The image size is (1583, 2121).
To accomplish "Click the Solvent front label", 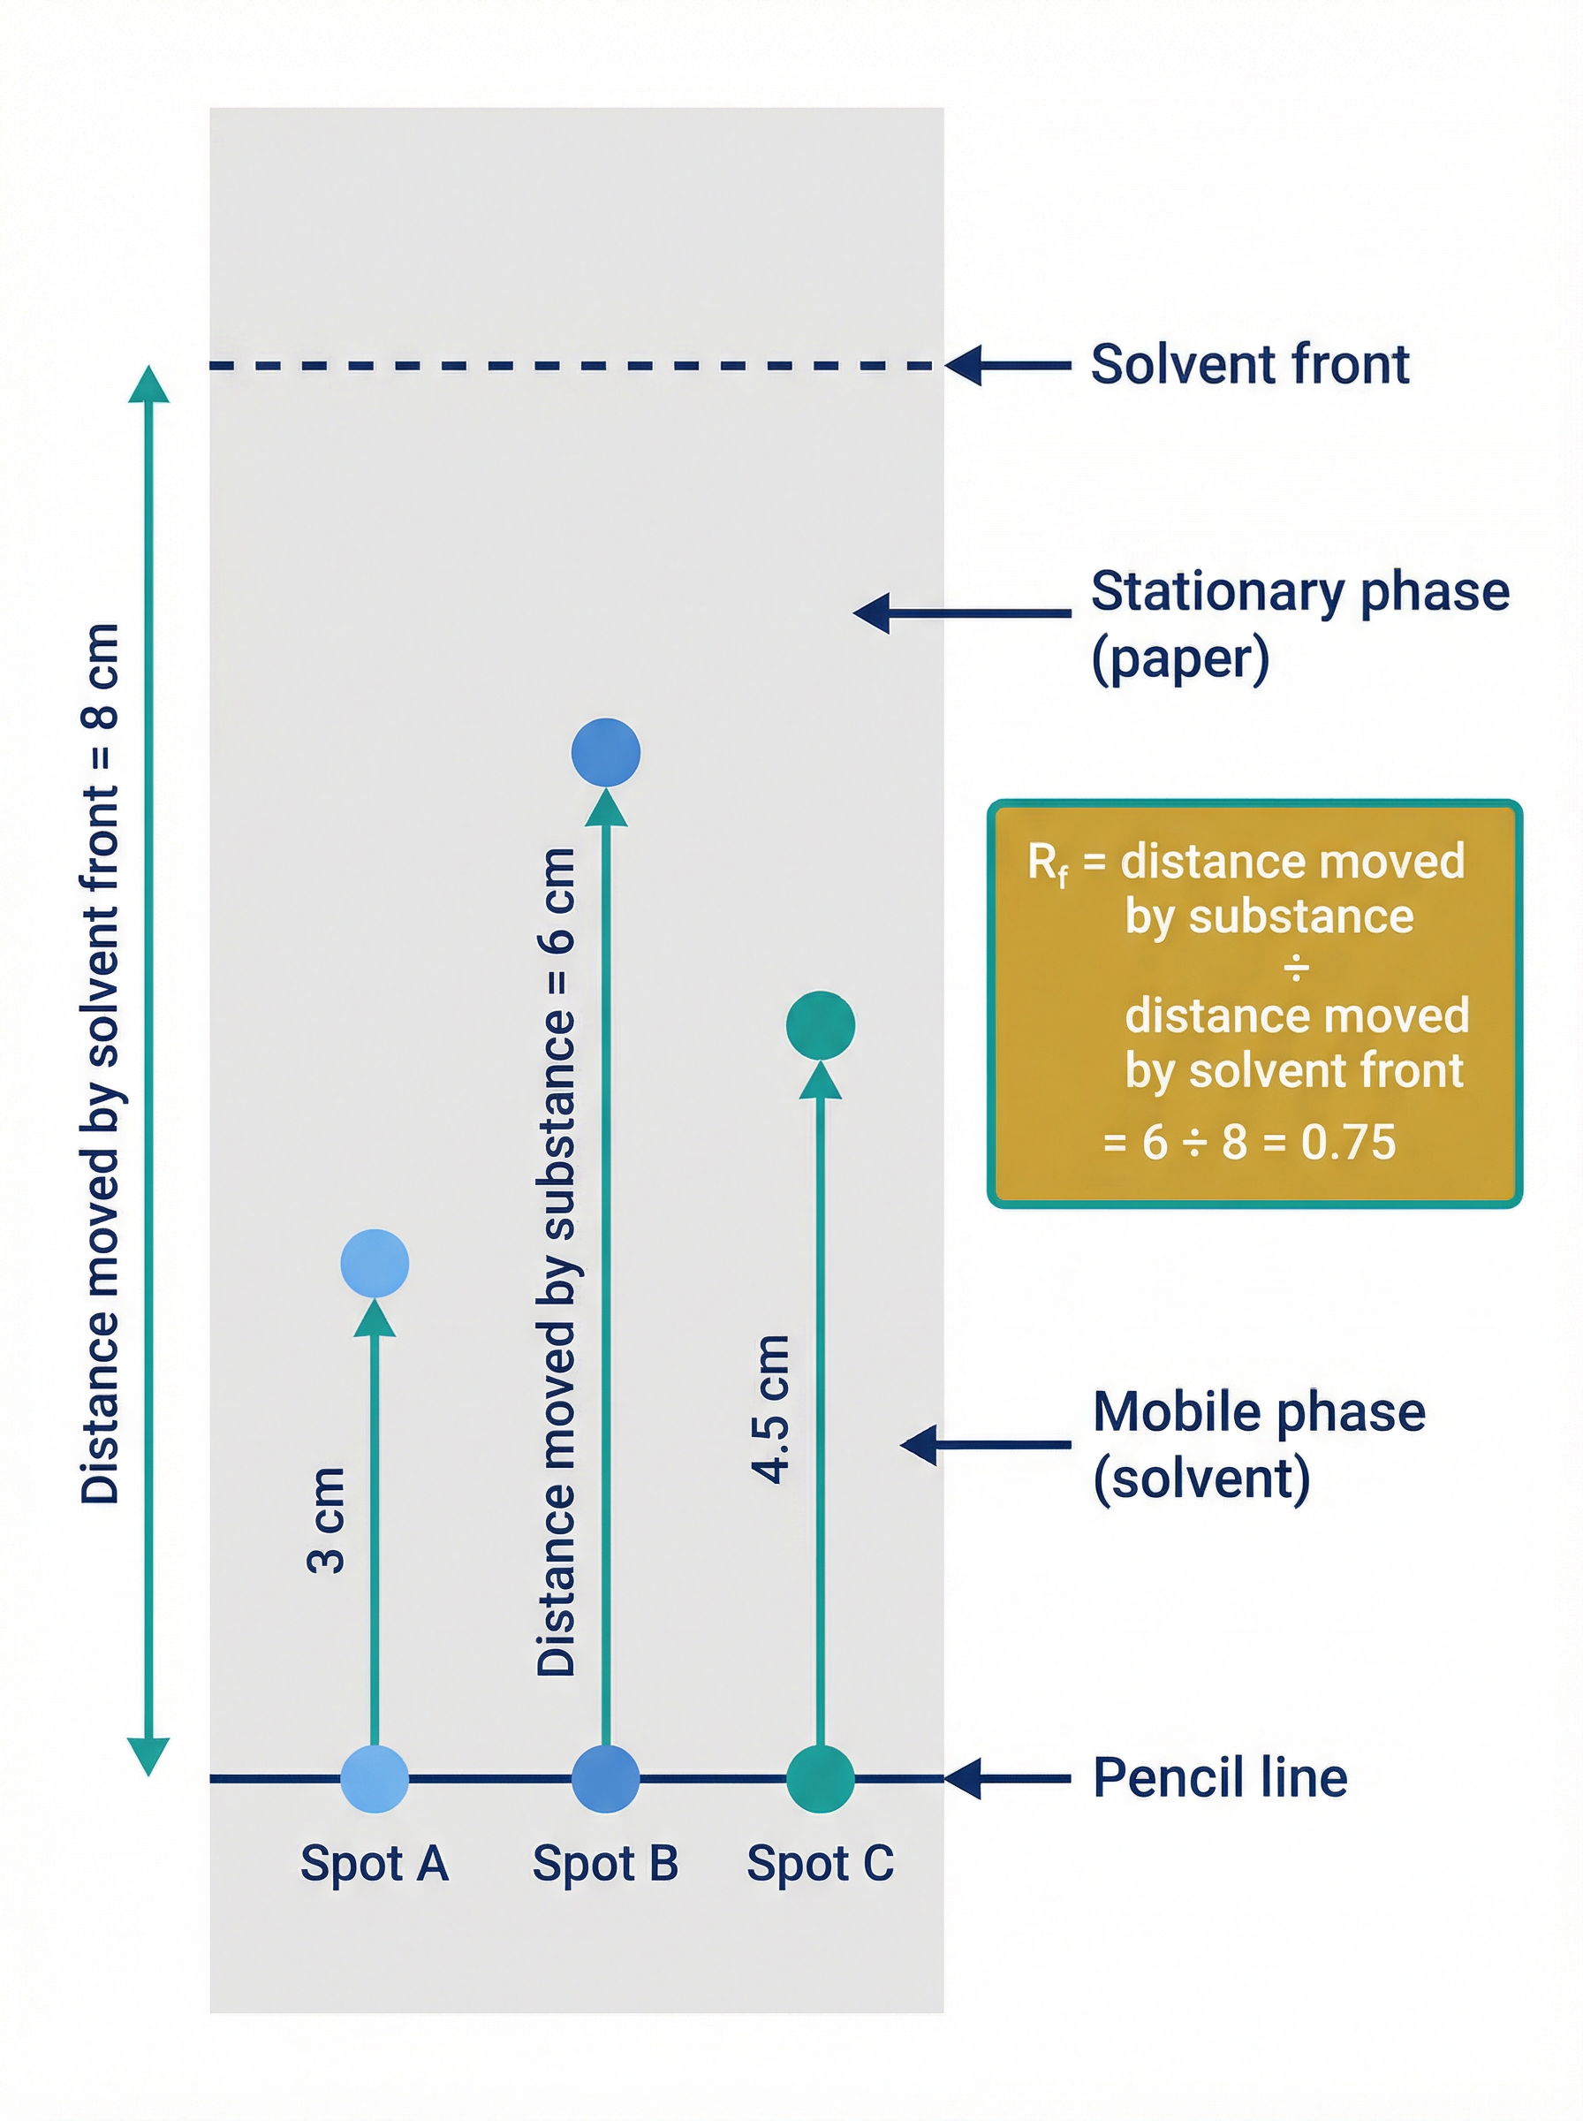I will click(x=1250, y=365).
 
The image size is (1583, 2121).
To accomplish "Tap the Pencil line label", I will click(x=1220, y=1778).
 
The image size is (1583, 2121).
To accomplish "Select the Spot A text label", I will click(x=375, y=1864).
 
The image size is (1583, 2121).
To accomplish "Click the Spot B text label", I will click(x=606, y=1864).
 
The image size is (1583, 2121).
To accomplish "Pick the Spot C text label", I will click(x=821, y=1864).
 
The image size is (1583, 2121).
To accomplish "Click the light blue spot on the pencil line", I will click(x=375, y=1779).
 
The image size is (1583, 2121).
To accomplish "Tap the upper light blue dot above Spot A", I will click(x=375, y=1263).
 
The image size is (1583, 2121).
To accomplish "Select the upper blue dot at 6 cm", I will click(x=606, y=752).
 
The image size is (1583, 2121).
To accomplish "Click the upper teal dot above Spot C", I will click(x=821, y=1025).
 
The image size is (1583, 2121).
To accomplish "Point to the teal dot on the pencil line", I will click(x=821, y=1779).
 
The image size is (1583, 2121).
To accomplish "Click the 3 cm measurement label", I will click(x=327, y=1520).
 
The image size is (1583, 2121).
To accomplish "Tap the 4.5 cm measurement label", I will click(x=771, y=1409).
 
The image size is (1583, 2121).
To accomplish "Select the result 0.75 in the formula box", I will click(x=1348, y=1143).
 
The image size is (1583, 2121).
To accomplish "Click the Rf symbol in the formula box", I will click(x=1048, y=863).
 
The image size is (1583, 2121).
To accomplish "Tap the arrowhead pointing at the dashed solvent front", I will click(x=964, y=365).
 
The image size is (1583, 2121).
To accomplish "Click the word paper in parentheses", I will click(x=1180, y=659).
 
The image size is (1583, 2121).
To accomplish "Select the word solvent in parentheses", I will click(x=1201, y=1479).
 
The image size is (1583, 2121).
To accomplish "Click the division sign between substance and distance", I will click(x=1296, y=968).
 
